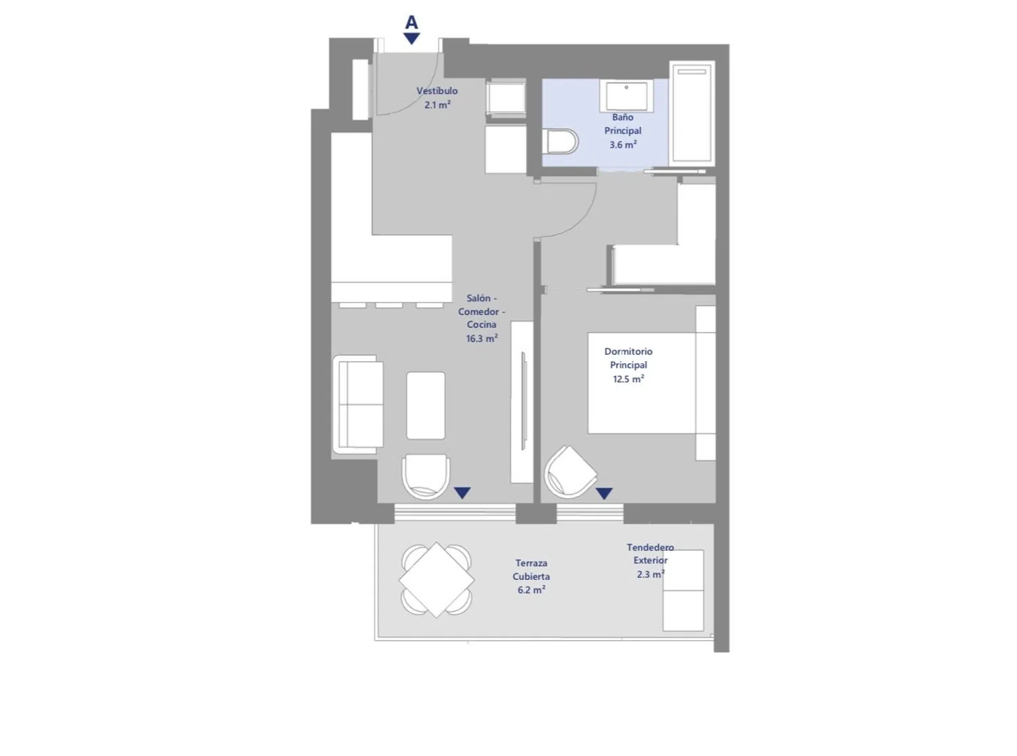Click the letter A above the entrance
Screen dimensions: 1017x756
(412, 22)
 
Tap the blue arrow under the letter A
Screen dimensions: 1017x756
(412, 39)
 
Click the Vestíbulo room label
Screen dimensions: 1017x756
(437, 91)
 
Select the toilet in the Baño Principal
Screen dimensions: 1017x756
(560, 141)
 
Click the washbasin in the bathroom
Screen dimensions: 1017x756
(626, 96)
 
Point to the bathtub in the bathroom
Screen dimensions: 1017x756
(692, 114)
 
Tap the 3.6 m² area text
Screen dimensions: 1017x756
(622, 145)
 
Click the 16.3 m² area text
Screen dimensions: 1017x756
(481, 339)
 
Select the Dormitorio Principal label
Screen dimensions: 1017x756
(629, 358)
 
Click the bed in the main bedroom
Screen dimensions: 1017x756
(652, 383)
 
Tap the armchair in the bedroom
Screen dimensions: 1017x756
(570, 472)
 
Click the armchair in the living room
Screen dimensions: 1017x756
(426, 476)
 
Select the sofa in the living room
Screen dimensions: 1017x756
(358, 404)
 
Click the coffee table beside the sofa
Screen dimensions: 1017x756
(426, 406)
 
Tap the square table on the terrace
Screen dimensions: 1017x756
(437, 580)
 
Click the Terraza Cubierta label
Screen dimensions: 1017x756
(531, 570)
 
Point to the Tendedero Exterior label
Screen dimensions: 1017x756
(650, 553)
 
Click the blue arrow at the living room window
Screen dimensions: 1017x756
(462, 493)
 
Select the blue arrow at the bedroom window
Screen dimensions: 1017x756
(604, 493)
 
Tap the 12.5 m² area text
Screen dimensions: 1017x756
(629, 379)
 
